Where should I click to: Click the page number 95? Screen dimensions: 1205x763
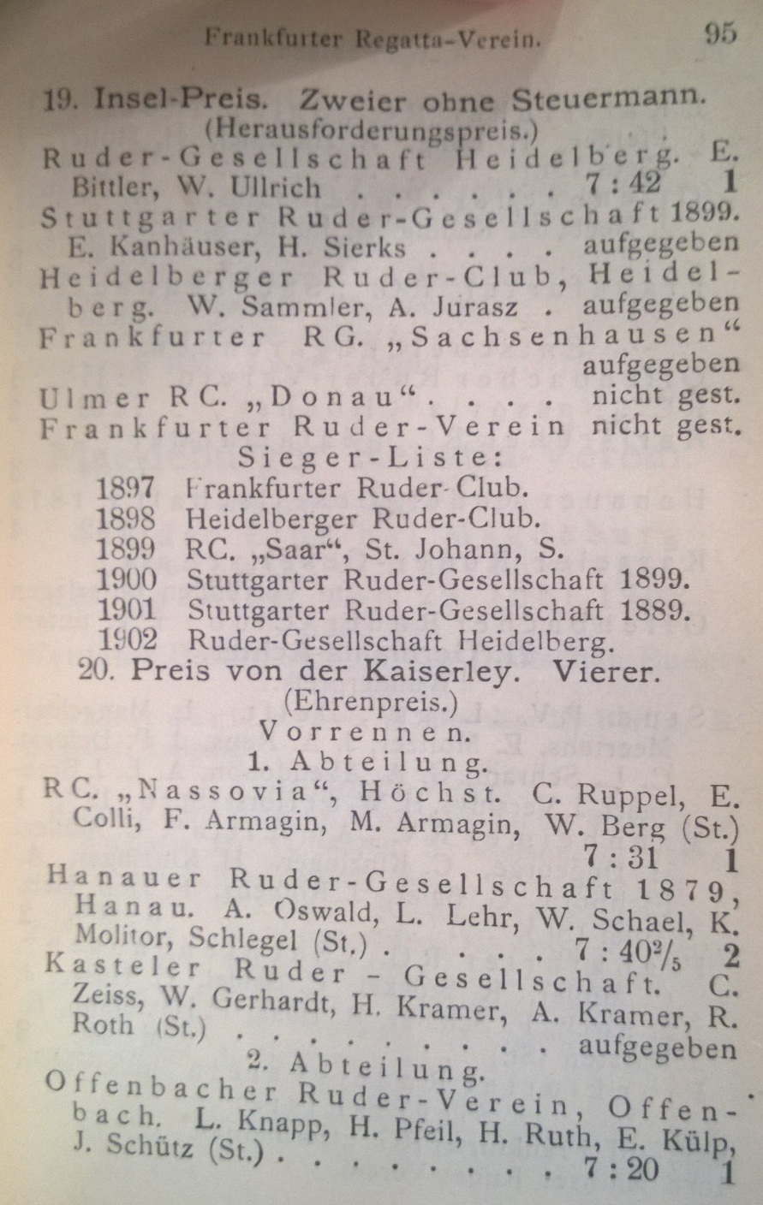719,35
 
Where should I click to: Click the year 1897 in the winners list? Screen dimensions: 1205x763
126,488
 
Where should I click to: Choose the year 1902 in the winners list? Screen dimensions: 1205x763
129,639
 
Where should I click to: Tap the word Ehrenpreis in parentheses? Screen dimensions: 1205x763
372,702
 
